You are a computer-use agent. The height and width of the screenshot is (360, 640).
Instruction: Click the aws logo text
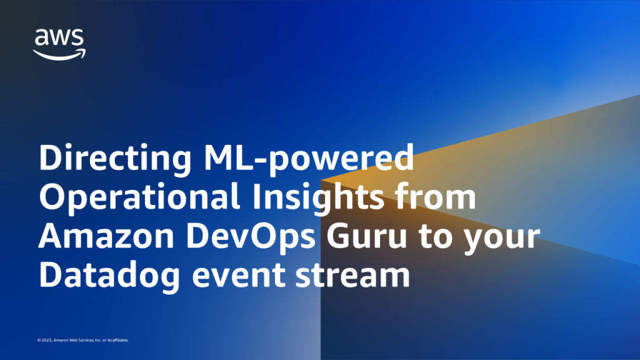click(59, 37)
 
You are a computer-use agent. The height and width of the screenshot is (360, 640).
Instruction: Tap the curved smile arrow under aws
click(59, 55)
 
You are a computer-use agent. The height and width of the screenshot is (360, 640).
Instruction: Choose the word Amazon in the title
click(106, 236)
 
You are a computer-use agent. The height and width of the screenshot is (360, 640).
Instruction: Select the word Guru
click(366, 236)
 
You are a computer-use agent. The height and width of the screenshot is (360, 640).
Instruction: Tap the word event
click(238, 276)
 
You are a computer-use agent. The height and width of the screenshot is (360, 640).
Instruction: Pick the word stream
click(352, 276)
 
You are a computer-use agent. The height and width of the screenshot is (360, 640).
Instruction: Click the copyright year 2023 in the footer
click(46, 340)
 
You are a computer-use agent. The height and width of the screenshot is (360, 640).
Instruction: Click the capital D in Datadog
click(51, 275)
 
